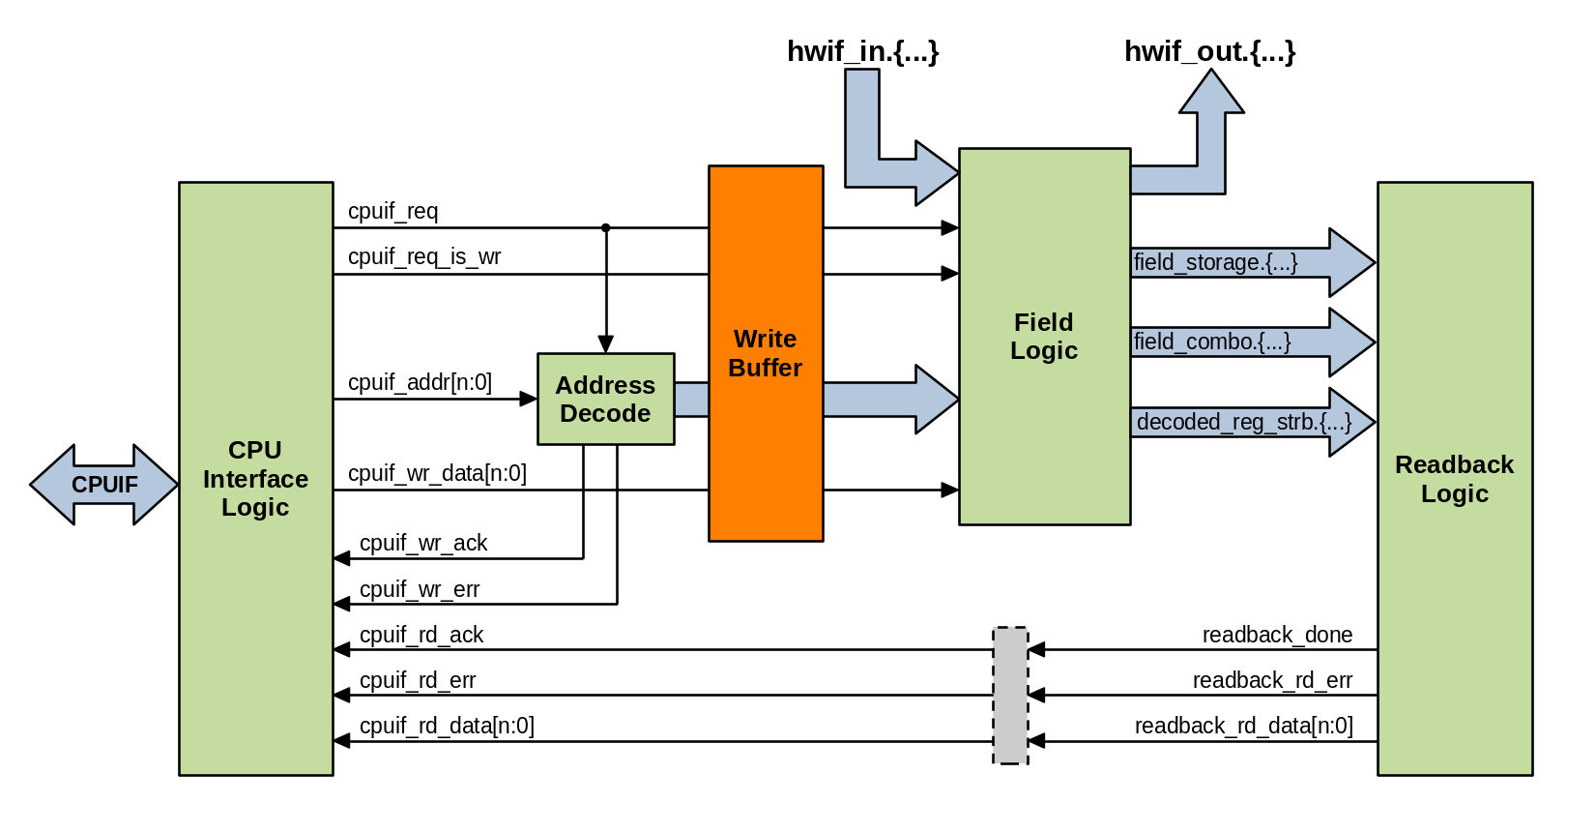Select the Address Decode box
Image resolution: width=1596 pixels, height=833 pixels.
[x=605, y=399]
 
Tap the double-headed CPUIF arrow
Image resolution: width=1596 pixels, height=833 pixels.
[x=104, y=485]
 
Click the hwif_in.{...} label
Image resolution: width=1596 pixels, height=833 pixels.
[x=862, y=51]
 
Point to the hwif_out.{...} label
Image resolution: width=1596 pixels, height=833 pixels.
[x=1209, y=51]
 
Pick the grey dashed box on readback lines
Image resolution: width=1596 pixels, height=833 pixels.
[x=1010, y=696]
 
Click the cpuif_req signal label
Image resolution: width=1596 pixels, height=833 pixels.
[x=392, y=211]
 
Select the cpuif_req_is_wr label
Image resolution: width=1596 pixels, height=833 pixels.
[x=424, y=256]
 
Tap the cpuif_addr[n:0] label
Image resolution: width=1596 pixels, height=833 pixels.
[x=420, y=382]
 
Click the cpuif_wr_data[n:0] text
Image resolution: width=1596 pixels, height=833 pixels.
[x=437, y=473]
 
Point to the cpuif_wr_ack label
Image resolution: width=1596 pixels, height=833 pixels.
[x=423, y=543]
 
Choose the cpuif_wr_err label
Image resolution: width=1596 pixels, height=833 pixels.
[x=420, y=589]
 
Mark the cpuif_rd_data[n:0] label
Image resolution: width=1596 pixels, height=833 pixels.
[x=447, y=726]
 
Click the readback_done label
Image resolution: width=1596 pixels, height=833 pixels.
[x=1277, y=635]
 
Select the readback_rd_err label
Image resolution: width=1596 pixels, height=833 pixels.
[x=1272, y=680]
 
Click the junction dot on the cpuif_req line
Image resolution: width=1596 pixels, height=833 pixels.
[x=606, y=228]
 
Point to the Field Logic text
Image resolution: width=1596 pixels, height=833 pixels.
[x=1044, y=336]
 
